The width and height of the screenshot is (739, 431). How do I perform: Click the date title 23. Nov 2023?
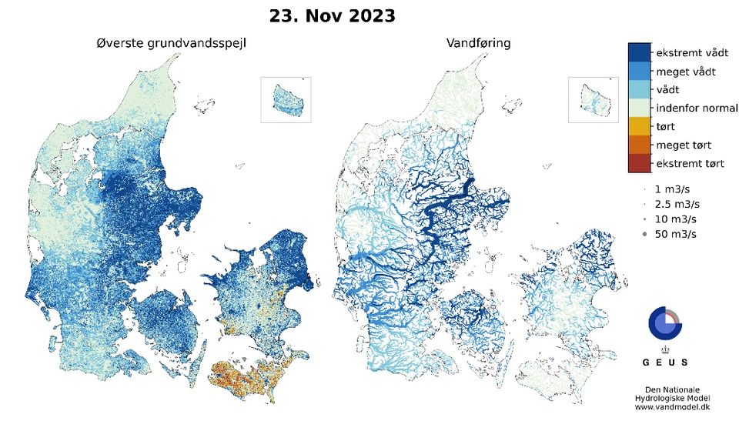point(332,15)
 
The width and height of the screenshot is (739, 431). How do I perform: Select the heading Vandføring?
point(478,43)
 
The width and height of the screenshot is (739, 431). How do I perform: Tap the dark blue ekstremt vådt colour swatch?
point(639,52)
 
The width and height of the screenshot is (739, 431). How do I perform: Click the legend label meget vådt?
point(685,72)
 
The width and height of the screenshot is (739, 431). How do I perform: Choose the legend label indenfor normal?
point(696,109)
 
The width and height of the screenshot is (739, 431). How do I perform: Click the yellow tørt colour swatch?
point(639,126)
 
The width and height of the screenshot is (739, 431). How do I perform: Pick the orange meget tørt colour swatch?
point(639,145)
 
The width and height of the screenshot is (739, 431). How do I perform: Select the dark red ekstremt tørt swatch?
point(639,163)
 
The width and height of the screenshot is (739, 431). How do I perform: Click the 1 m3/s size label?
point(673,189)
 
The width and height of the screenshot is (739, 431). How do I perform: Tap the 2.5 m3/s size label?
point(677,204)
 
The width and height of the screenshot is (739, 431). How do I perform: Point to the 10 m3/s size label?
point(675,219)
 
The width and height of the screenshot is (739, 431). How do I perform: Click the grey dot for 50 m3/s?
point(644,235)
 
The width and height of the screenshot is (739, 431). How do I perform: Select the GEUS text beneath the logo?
point(665,362)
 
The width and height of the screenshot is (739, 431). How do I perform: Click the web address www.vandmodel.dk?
point(667,407)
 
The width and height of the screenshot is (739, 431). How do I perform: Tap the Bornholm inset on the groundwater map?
point(286,99)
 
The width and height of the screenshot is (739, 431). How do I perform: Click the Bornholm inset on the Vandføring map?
point(593,99)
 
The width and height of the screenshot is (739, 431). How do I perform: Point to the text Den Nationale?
point(667,389)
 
